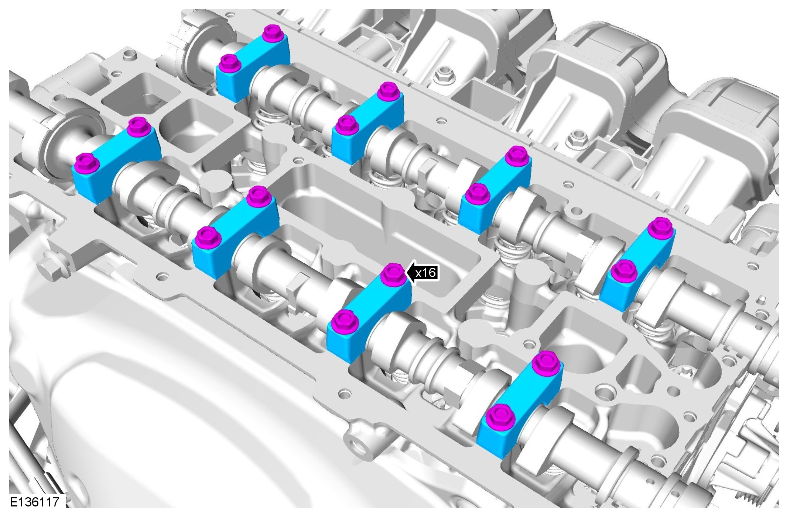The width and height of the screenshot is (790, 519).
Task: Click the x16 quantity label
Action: point(425,273)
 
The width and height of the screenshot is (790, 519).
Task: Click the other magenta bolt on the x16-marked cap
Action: point(342,321)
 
